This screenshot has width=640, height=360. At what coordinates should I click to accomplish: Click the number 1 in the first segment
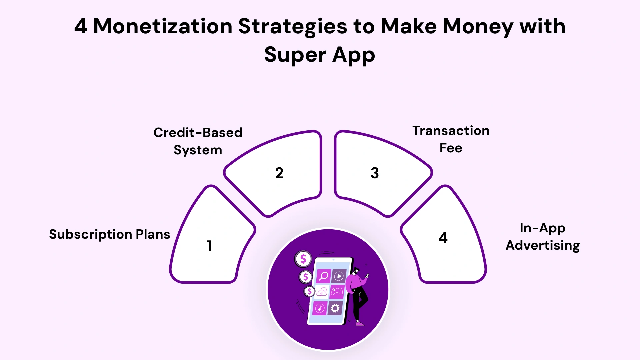tap(209, 246)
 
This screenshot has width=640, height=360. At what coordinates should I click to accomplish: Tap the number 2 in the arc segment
tap(279, 173)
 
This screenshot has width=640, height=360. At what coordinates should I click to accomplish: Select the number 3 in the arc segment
tap(375, 173)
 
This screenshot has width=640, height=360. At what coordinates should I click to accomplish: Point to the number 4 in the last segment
tap(443, 238)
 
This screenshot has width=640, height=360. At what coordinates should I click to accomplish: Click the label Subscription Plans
tap(109, 234)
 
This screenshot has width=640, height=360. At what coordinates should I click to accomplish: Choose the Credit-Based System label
tap(198, 141)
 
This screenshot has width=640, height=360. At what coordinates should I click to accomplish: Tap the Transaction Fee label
tap(451, 139)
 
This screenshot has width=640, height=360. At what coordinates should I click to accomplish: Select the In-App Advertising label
tap(543, 237)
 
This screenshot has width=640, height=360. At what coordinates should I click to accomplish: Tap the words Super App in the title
tap(320, 55)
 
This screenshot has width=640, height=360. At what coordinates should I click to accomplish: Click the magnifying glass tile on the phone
tap(323, 276)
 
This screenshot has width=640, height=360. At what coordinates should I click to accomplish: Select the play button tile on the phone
tap(339, 276)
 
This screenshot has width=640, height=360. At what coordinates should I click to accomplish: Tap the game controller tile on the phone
tap(337, 292)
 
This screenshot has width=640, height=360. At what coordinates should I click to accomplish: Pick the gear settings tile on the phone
tap(335, 308)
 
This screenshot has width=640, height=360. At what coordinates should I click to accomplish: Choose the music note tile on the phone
tap(320, 308)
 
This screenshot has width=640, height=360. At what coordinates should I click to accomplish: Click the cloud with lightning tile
tap(322, 292)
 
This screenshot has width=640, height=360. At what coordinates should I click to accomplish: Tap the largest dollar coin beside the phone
tap(303, 259)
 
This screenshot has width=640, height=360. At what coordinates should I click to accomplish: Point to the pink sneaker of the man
tap(360, 323)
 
